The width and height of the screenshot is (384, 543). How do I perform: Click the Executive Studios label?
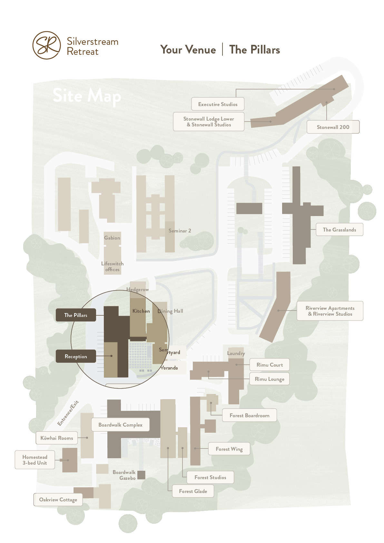click(218, 104)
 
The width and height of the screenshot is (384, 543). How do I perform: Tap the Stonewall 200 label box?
click(333, 127)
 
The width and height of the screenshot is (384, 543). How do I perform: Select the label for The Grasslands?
click(339, 230)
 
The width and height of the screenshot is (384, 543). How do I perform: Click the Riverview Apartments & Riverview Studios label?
click(330, 311)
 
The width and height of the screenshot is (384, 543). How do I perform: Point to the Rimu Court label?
click(269, 365)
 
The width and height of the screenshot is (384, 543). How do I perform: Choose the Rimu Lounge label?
click(269, 379)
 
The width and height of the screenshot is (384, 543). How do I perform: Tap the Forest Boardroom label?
click(249, 415)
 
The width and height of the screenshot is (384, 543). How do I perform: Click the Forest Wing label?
click(229, 449)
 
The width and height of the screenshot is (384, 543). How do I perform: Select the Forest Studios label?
click(210, 477)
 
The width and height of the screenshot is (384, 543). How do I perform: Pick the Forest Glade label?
click(193, 491)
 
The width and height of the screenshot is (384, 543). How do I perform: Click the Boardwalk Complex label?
click(120, 425)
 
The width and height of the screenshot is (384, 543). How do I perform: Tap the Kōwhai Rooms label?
click(57, 438)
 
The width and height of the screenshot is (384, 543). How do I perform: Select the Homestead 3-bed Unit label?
click(35, 460)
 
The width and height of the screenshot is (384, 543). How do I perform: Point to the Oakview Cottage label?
click(58, 499)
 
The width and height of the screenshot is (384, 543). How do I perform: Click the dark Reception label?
click(76, 356)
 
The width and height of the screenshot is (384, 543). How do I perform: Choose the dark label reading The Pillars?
click(76, 315)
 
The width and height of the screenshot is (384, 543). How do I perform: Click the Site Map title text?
click(87, 96)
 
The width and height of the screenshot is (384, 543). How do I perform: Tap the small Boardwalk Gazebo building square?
click(141, 475)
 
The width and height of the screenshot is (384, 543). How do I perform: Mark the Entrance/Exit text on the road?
click(68, 413)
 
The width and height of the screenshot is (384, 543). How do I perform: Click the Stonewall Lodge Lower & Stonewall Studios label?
click(209, 122)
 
